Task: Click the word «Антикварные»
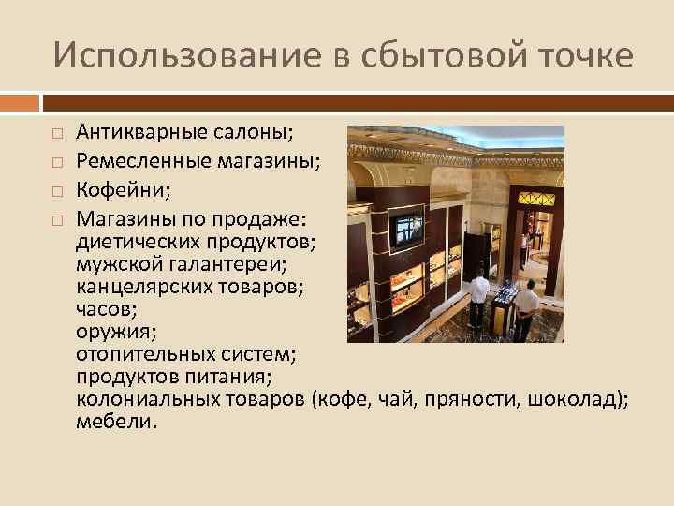point(145,135)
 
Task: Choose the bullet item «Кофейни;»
point(123,190)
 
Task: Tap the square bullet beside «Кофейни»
point(57,191)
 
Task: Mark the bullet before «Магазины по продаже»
point(57,219)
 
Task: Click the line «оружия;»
point(109,331)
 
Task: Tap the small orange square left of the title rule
point(20,101)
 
